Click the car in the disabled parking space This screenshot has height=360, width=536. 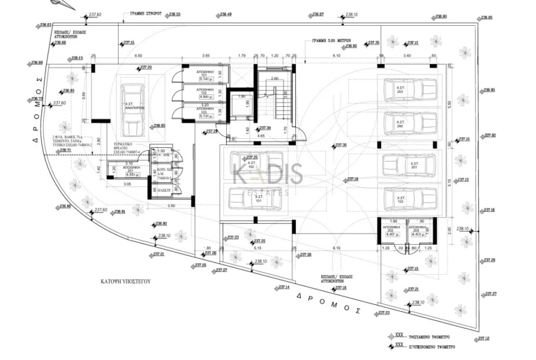[x=132, y=110]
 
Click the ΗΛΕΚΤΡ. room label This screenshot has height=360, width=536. [x=165, y=189]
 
